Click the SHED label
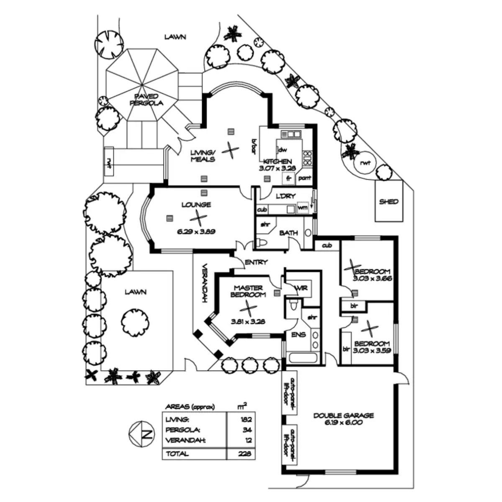click(389, 202)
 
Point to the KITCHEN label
click(277, 161)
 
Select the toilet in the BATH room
click(262, 242)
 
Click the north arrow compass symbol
click(141, 434)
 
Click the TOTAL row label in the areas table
click(177, 453)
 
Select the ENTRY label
click(256, 262)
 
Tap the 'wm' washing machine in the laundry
click(302, 207)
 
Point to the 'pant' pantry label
click(305, 179)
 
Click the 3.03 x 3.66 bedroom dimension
click(372, 278)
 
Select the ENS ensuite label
click(298, 335)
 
